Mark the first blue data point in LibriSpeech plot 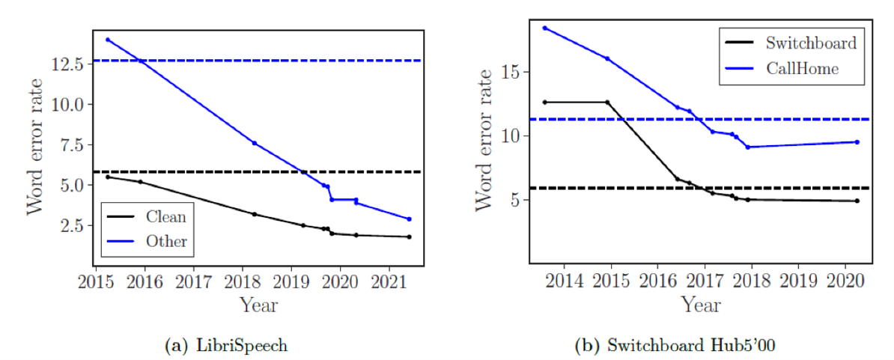[108, 40]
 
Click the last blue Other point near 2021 [409, 219]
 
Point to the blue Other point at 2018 [254, 143]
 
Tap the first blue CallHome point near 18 [545, 28]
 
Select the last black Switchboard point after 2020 [857, 201]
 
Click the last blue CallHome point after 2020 [857, 142]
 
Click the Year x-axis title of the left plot [258, 305]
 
